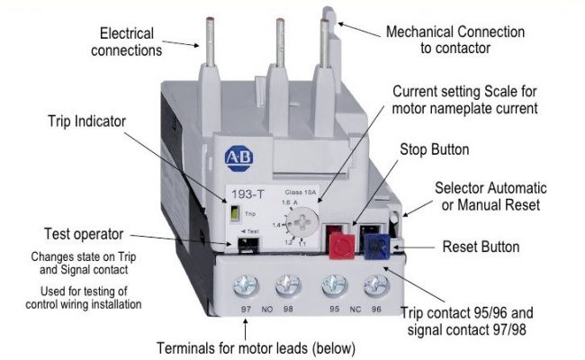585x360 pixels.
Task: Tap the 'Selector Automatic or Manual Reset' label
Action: (x=490, y=197)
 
